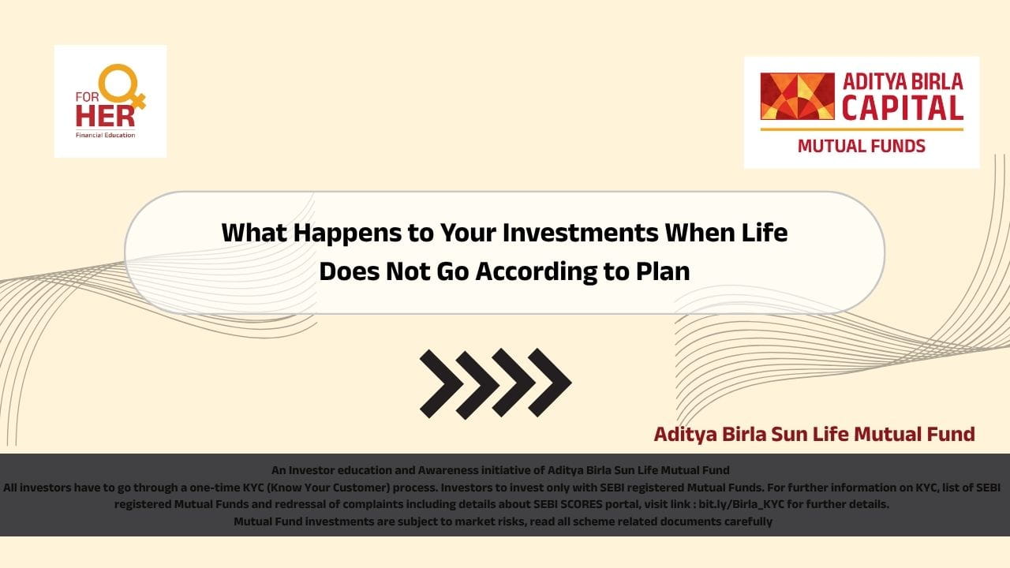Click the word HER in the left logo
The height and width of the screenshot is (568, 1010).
[105, 115]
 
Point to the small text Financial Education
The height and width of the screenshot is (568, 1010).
[105, 135]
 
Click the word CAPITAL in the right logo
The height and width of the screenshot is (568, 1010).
[902, 108]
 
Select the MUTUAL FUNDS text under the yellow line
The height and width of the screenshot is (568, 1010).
[861, 146]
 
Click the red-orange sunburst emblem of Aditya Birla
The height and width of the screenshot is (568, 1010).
[797, 96]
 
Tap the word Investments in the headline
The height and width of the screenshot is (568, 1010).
[580, 233]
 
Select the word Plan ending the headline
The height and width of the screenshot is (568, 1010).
[663, 271]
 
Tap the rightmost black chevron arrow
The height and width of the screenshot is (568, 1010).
[550, 383]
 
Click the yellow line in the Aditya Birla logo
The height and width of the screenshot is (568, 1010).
[862, 129]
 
